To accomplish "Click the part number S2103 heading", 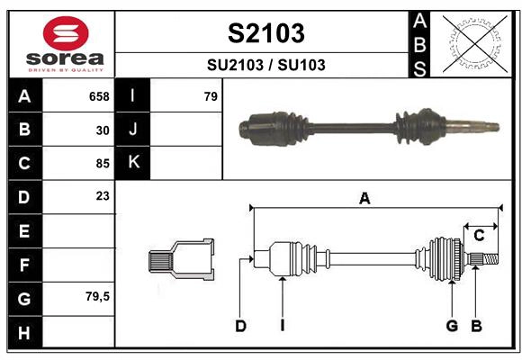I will tap(265, 33).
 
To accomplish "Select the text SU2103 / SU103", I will tap(265, 65).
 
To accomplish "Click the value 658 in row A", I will tap(99, 96).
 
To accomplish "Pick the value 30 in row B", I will tap(103, 130).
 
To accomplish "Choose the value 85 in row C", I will tap(103, 163).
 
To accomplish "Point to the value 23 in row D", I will tap(103, 195).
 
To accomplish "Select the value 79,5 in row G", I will tap(97, 296).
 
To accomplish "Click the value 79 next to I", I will tap(211, 96).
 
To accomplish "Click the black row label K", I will tap(133, 163).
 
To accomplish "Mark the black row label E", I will tap(23, 230).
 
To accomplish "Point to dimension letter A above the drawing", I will tap(364, 199).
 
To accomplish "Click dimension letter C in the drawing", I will tap(479, 235).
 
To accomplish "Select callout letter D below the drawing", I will tap(240, 326).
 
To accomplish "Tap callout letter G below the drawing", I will tap(452, 326).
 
